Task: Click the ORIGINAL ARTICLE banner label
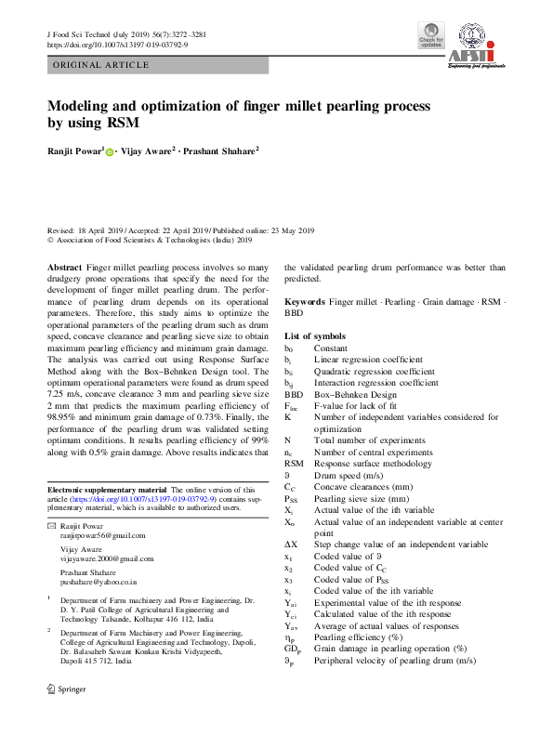tap(101, 65)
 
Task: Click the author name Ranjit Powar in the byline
tap(72, 151)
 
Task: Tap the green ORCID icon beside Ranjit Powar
tap(109, 151)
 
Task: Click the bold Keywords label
tap(304, 303)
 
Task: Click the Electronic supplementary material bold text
tap(107, 490)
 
